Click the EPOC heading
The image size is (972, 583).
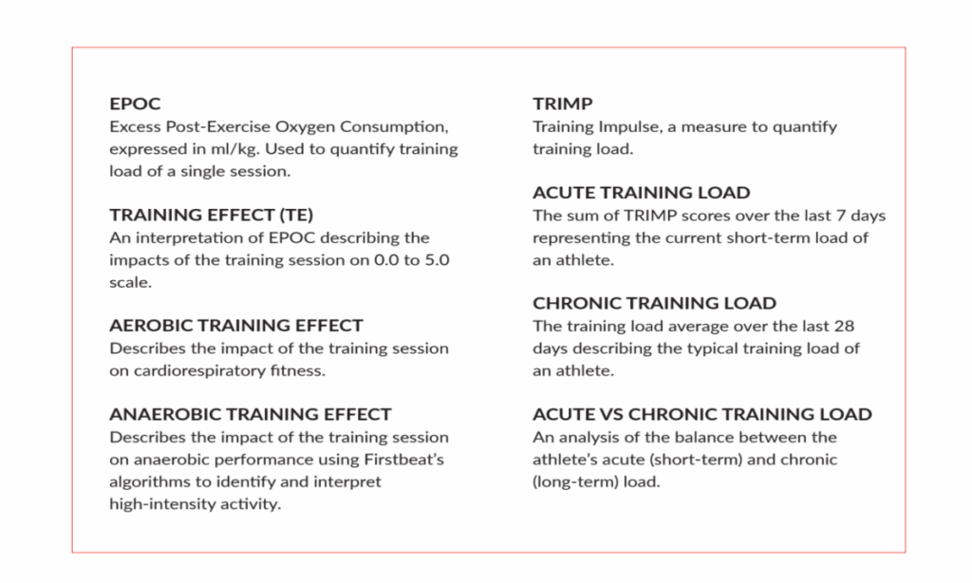(x=135, y=103)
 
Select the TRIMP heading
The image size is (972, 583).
(x=562, y=103)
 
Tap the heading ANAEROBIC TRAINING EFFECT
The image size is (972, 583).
(x=251, y=414)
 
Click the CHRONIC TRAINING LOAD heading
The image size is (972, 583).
(x=654, y=303)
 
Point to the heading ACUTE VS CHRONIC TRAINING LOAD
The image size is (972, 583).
(x=702, y=414)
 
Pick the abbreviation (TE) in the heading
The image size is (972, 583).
(x=296, y=215)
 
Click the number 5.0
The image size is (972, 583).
(x=437, y=260)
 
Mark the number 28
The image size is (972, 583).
(x=844, y=327)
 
